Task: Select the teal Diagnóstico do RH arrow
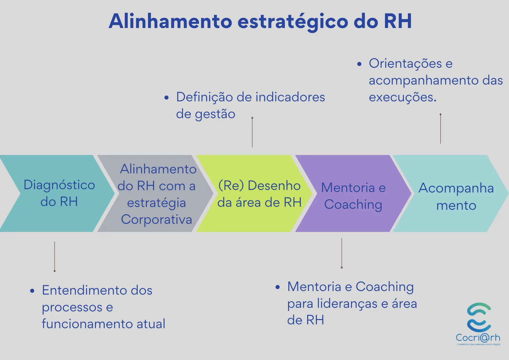click(x=57, y=193)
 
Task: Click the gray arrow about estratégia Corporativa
click(x=155, y=193)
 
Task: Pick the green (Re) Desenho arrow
click(x=254, y=193)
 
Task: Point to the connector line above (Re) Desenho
click(x=252, y=132)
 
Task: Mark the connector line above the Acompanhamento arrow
click(x=441, y=129)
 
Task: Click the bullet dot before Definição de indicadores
click(x=166, y=98)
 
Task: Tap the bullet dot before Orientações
click(x=359, y=64)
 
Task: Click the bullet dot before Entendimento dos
click(x=32, y=291)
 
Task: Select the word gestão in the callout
click(x=215, y=114)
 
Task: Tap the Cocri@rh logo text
click(x=478, y=338)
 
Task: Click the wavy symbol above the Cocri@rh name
click(x=479, y=317)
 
